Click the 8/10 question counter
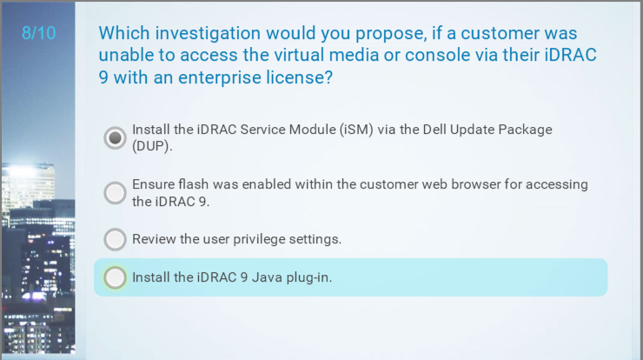[38, 33]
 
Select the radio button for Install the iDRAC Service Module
[115, 138]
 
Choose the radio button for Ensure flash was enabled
[115, 193]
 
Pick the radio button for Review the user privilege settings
[115, 239]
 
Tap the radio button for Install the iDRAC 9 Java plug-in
[115, 277]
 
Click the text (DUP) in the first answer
[151, 146]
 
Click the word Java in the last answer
[267, 277]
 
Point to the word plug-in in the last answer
[308, 278]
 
